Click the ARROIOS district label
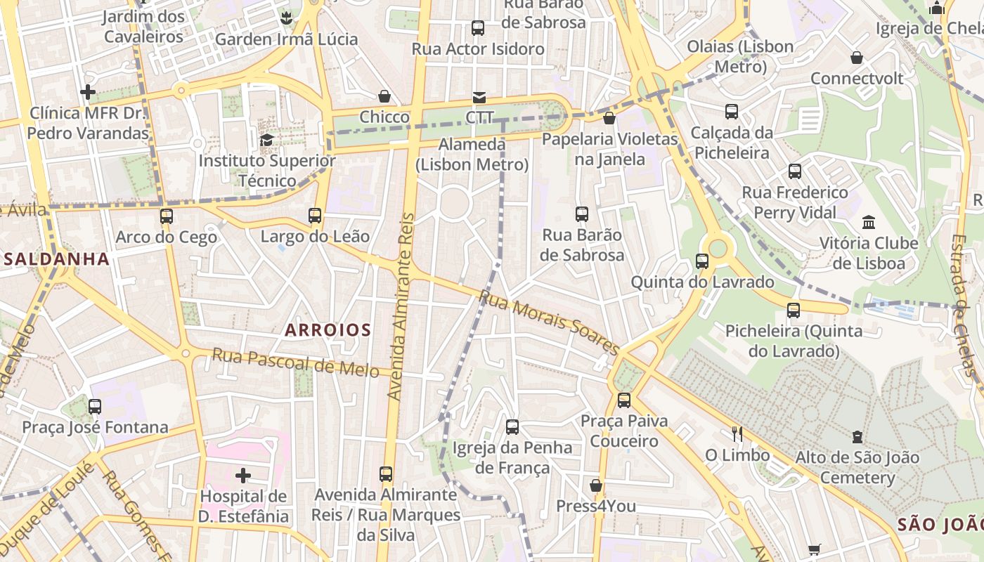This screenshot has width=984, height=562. coord(328,329)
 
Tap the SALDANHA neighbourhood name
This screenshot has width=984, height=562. coord(57,259)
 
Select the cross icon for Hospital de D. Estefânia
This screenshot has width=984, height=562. coord(243,476)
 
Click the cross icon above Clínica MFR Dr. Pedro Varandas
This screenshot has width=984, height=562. coord(88,92)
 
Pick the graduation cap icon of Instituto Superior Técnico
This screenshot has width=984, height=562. coord(266,140)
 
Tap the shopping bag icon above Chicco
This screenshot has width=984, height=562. coord(384,96)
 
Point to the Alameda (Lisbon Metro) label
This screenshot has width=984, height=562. coord(472,155)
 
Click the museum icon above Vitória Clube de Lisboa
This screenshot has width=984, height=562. coord(869,222)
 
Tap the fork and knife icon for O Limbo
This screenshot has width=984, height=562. coord(737,433)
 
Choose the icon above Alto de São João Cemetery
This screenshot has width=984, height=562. coord(857,437)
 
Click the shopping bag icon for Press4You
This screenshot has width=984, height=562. coord(596,485)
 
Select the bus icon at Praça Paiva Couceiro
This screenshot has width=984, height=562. coord(623,400)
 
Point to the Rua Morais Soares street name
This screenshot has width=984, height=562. coord(548,322)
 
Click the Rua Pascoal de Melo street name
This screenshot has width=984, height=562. coord(295,362)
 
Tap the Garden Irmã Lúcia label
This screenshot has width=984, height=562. coord(286,39)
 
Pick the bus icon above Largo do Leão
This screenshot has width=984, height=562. coord(315,216)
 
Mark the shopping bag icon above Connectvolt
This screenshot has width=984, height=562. coord(856,58)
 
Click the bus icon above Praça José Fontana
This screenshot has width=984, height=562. coord(95,406)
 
